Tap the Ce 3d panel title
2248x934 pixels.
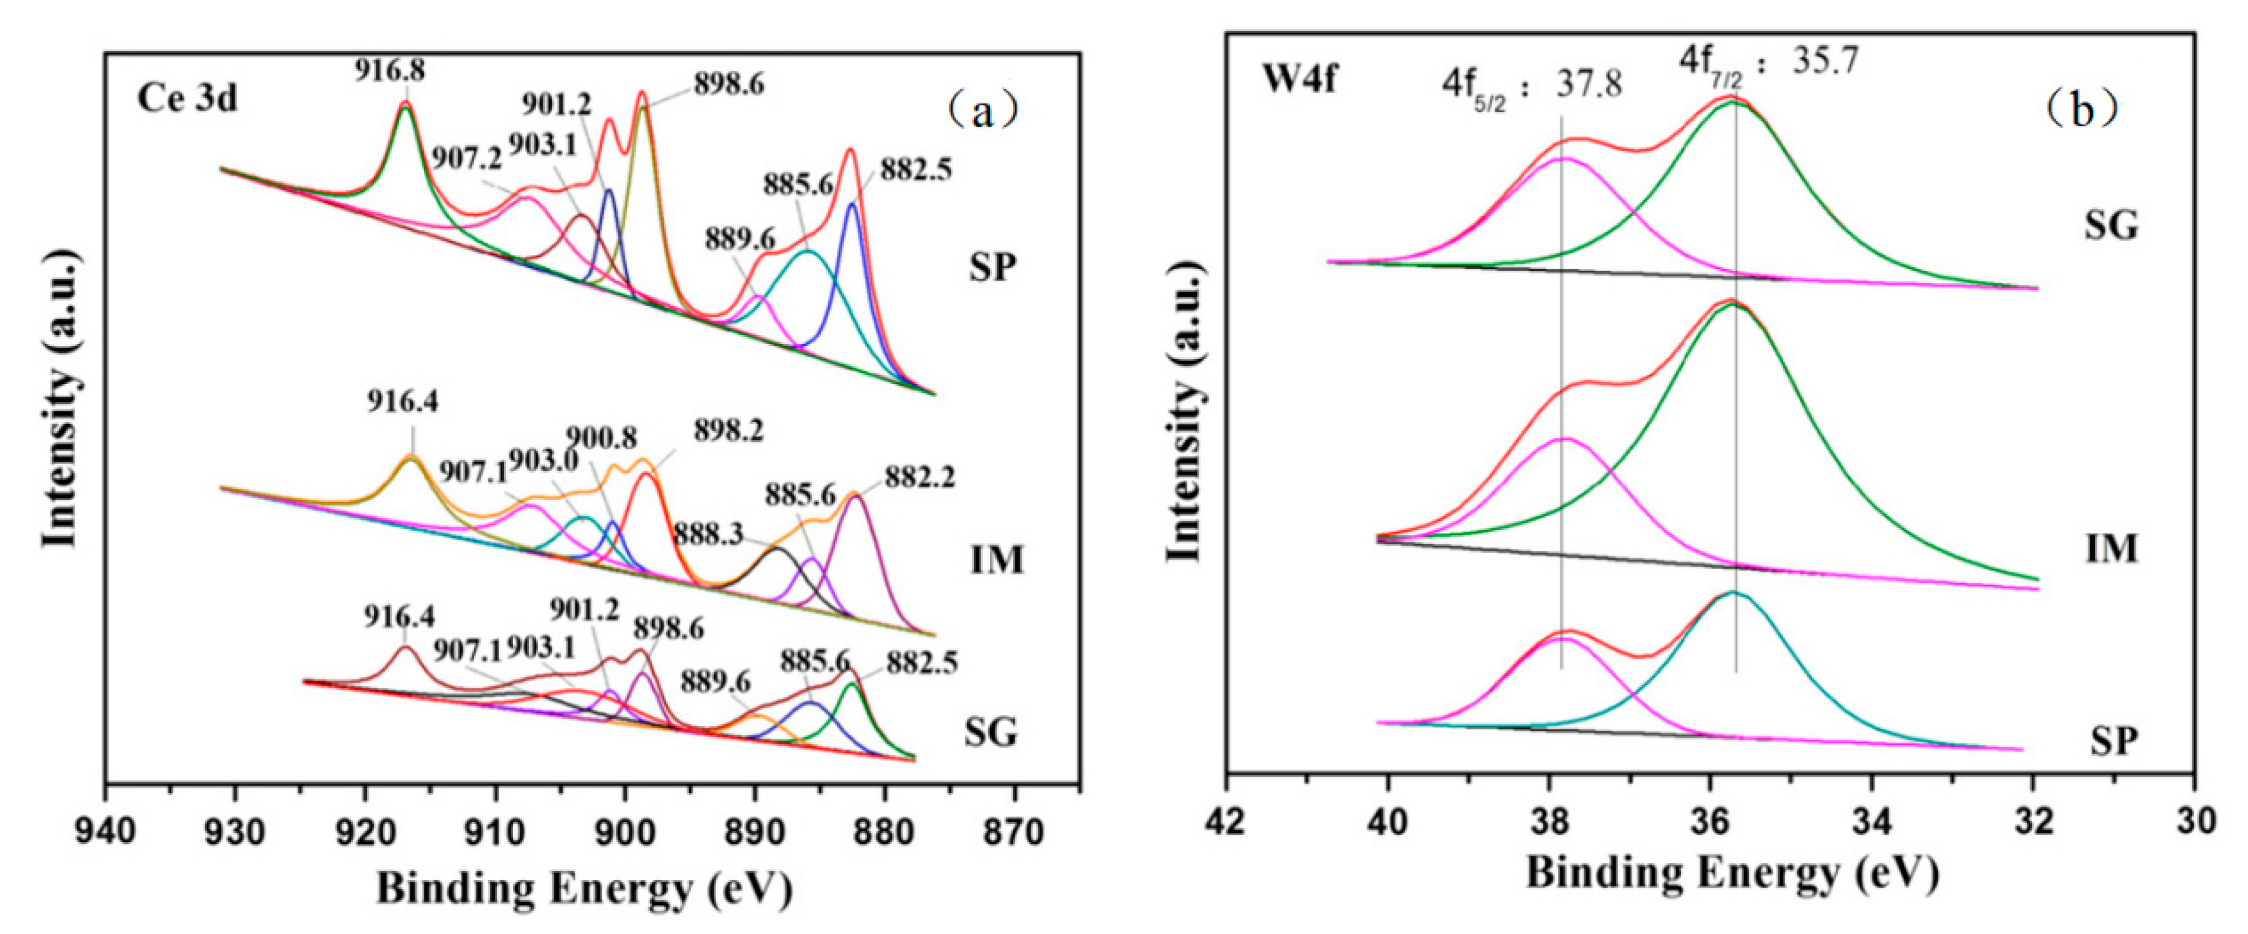point(187,98)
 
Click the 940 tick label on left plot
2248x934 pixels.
point(105,832)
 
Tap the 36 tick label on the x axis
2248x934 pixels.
point(1711,823)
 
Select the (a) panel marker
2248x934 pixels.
point(984,111)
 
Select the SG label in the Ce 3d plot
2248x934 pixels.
point(991,731)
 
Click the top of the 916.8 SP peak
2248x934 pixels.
point(405,103)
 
